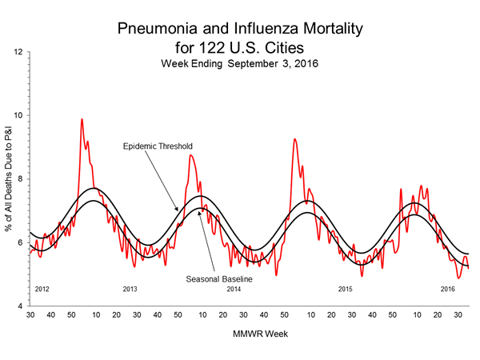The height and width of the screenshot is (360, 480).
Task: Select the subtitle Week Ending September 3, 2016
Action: (x=240, y=62)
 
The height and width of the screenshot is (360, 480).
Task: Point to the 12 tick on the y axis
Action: (x=17, y=52)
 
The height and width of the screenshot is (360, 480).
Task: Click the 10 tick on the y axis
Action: (x=17, y=115)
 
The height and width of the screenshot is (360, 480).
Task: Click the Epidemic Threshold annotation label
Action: (x=158, y=146)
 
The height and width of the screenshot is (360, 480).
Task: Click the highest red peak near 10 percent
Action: (x=82, y=119)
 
